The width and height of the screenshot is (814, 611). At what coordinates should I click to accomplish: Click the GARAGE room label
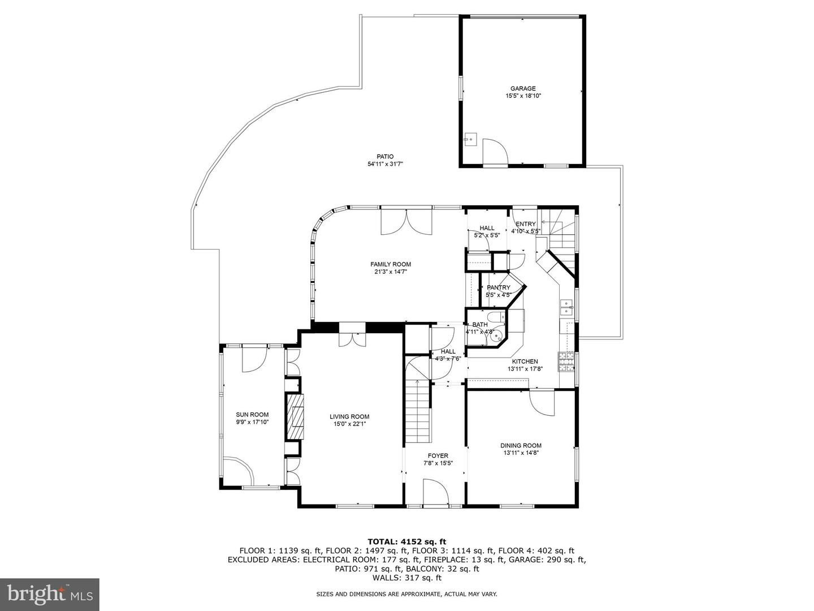click(522, 88)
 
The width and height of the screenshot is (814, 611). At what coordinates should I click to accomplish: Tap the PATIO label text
click(385, 157)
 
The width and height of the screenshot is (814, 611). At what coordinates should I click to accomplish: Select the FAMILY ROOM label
click(391, 264)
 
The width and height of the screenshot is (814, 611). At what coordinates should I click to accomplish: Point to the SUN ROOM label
click(252, 414)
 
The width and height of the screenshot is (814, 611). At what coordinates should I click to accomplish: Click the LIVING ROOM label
click(349, 416)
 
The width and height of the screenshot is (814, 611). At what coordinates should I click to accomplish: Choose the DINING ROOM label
click(521, 445)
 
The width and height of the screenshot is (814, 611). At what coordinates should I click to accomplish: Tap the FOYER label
click(438, 455)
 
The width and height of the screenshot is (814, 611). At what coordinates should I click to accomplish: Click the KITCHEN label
click(525, 362)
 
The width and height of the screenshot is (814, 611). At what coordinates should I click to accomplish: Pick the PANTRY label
click(499, 287)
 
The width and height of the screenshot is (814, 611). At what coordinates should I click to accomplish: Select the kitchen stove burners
click(566, 362)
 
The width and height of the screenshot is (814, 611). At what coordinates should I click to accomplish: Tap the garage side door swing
click(495, 152)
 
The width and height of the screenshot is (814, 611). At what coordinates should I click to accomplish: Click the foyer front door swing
click(436, 492)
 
